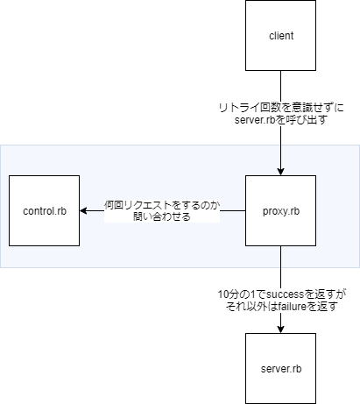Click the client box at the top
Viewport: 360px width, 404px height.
(280, 36)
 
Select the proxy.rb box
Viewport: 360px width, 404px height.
(280, 212)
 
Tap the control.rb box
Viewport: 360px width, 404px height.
(43, 212)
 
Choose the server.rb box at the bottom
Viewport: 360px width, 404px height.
(280, 369)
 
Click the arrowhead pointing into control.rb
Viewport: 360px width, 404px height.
(83, 212)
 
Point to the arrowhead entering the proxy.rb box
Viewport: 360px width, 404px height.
(280, 171)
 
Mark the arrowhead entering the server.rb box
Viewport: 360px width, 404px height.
(280, 329)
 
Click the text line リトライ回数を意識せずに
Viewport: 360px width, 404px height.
(280, 107)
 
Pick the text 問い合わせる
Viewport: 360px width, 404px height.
(161, 217)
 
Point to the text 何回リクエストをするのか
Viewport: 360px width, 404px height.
(161, 205)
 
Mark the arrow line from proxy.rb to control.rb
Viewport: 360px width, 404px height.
(232, 212)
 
